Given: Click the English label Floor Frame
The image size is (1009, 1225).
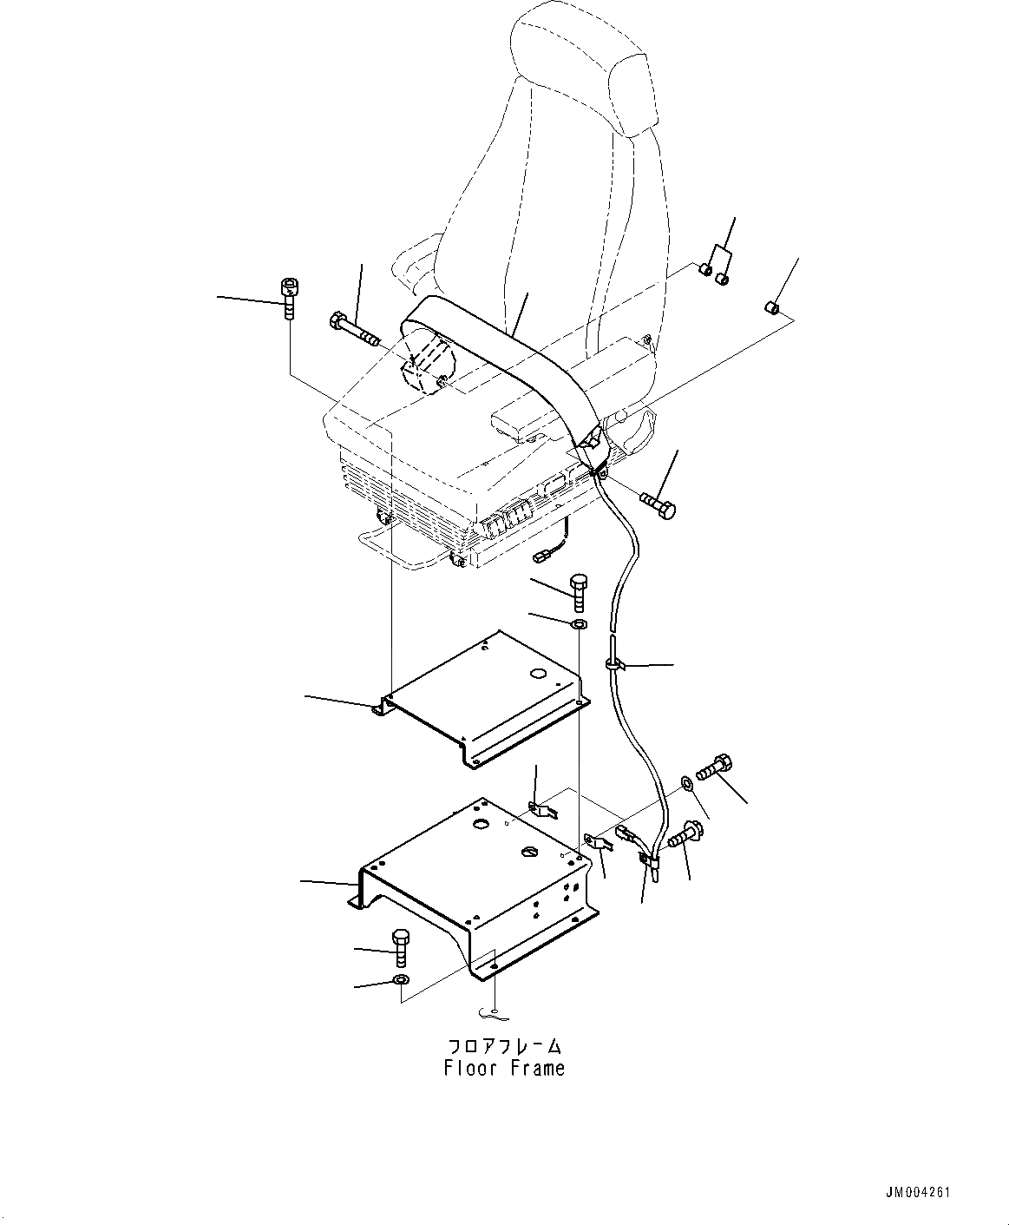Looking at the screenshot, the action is [504, 1068].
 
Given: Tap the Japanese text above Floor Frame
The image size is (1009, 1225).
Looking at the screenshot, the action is [505, 1046].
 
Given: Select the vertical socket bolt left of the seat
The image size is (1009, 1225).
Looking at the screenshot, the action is [287, 298].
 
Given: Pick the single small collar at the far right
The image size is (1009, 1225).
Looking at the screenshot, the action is [772, 306].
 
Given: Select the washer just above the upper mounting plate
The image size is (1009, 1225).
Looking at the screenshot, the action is [579, 623].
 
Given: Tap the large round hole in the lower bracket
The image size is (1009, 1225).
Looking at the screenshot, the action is [480, 824].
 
